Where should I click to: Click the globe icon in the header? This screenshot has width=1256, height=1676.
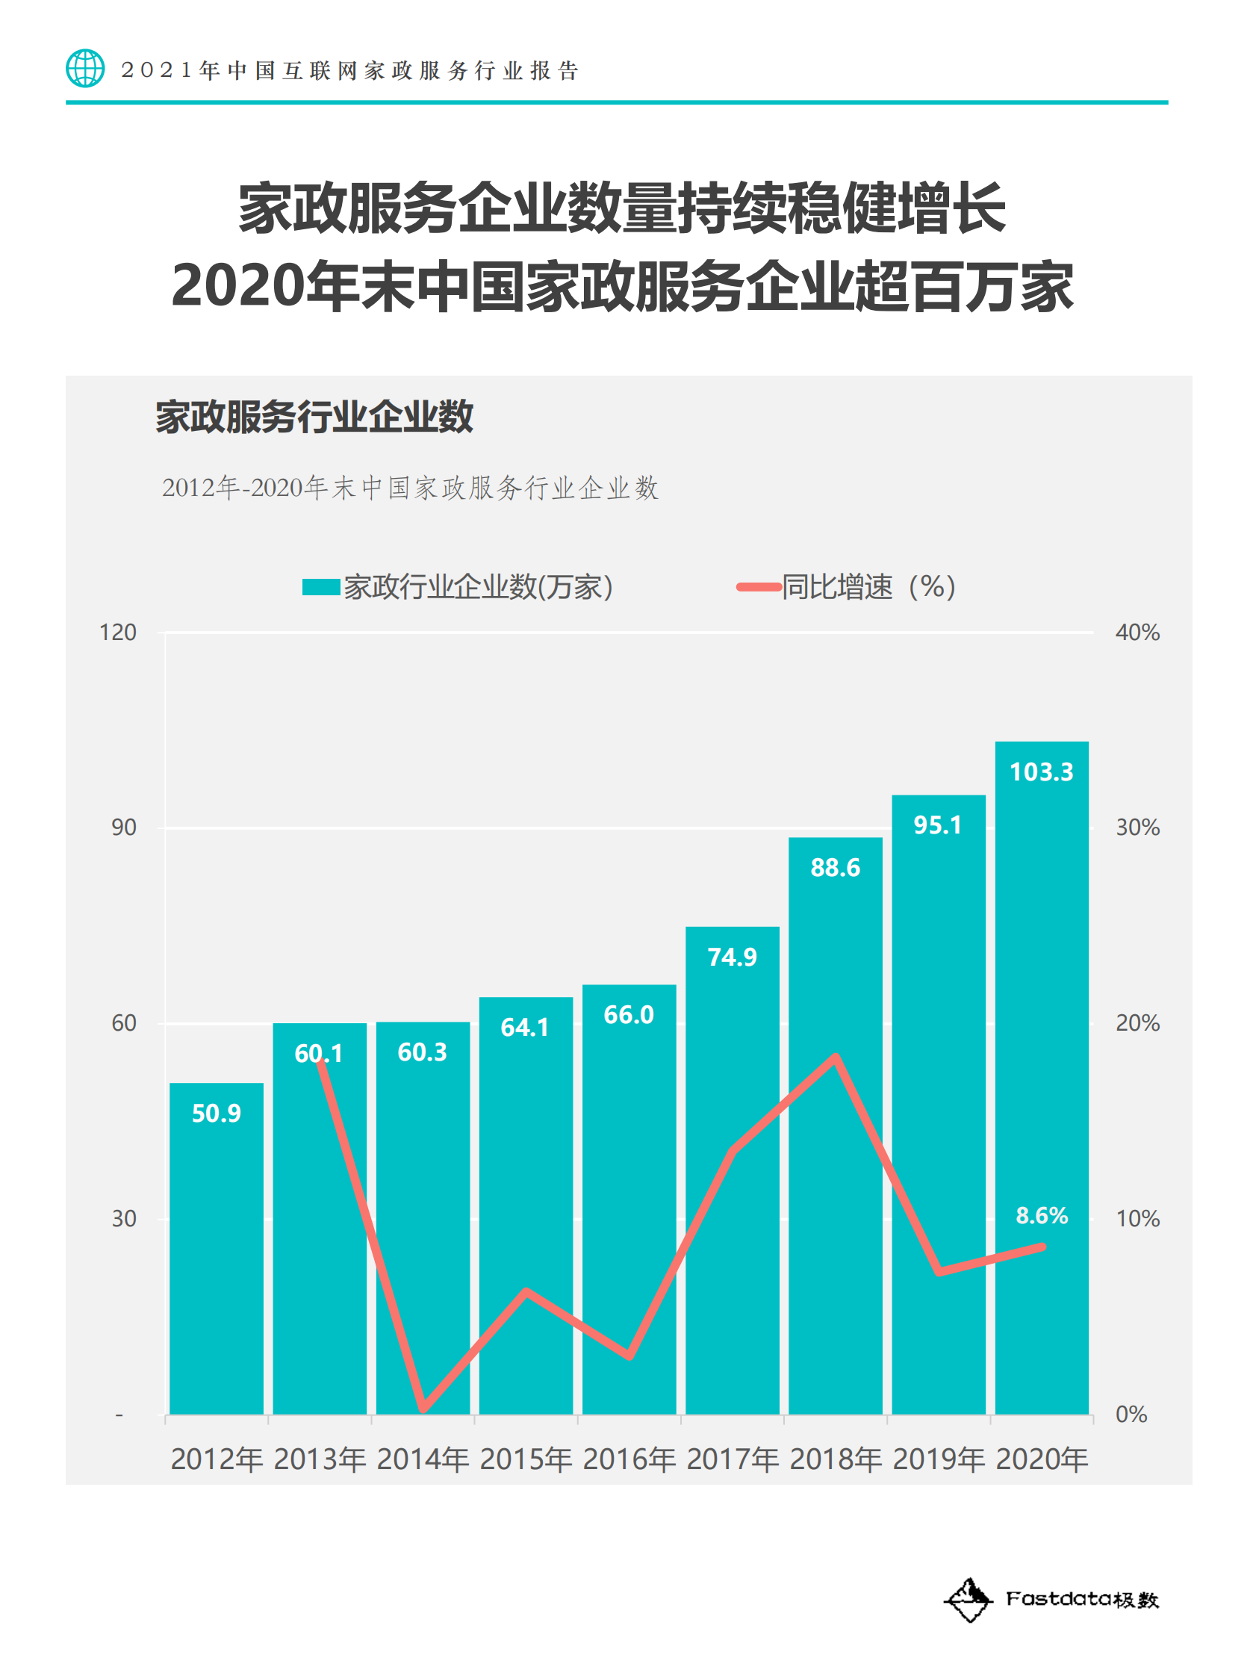[x=85, y=68]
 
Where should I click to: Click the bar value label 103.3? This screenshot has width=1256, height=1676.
[x=1041, y=772]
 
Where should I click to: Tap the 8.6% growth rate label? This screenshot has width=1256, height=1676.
[x=1041, y=1215]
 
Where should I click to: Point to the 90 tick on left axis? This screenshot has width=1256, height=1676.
[x=123, y=827]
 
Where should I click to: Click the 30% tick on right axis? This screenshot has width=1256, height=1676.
[x=1137, y=827]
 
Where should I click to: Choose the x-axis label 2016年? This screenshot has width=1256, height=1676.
[x=629, y=1459]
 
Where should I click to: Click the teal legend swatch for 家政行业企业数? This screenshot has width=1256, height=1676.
[x=320, y=586]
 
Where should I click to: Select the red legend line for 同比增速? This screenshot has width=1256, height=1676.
[x=758, y=586]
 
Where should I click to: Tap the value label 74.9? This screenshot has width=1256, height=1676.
[x=732, y=957]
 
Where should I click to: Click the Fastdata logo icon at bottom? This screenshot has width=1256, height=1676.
[x=968, y=1601]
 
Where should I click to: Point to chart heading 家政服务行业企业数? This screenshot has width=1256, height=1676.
[x=314, y=417]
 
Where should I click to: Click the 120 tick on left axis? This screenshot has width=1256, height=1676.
[x=118, y=632]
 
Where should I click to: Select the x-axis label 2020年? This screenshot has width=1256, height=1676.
[x=1042, y=1459]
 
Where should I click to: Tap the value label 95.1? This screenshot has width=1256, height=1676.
[x=937, y=825]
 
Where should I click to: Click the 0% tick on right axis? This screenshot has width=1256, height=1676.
[x=1131, y=1414]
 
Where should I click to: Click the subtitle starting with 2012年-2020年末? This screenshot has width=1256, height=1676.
[x=410, y=488]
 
